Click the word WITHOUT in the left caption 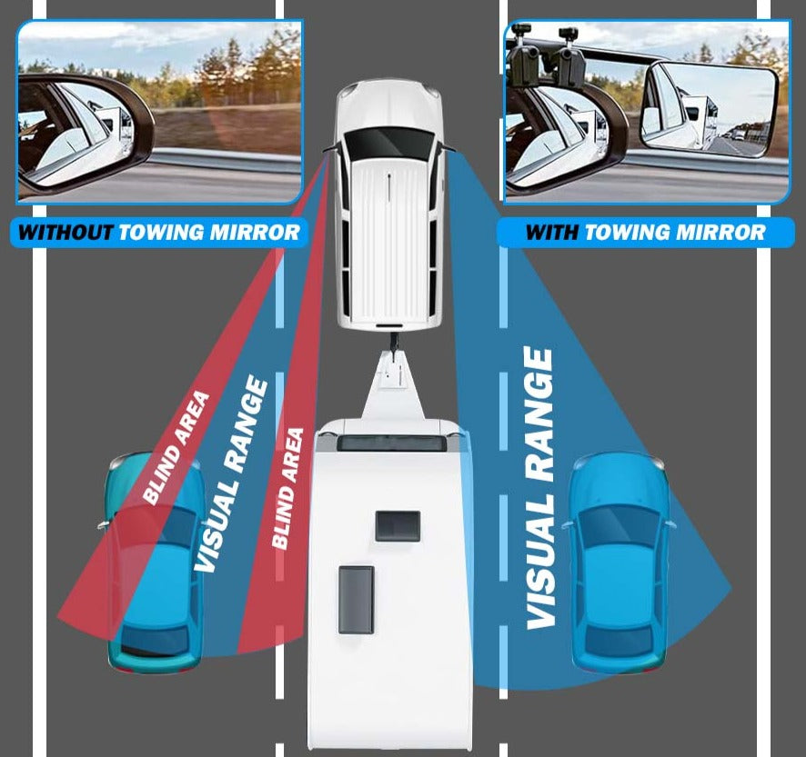click(65, 233)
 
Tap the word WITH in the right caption click(552, 233)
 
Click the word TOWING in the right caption click(627, 233)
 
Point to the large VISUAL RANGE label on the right click(539, 488)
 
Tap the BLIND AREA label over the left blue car click(176, 448)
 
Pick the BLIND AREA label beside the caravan click(287, 488)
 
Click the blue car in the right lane click(619, 563)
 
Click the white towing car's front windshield click(388, 143)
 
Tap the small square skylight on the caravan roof click(398, 526)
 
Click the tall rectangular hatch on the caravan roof click(356, 600)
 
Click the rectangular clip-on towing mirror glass click(710, 106)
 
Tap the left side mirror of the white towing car click(330, 149)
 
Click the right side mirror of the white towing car click(448, 149)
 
